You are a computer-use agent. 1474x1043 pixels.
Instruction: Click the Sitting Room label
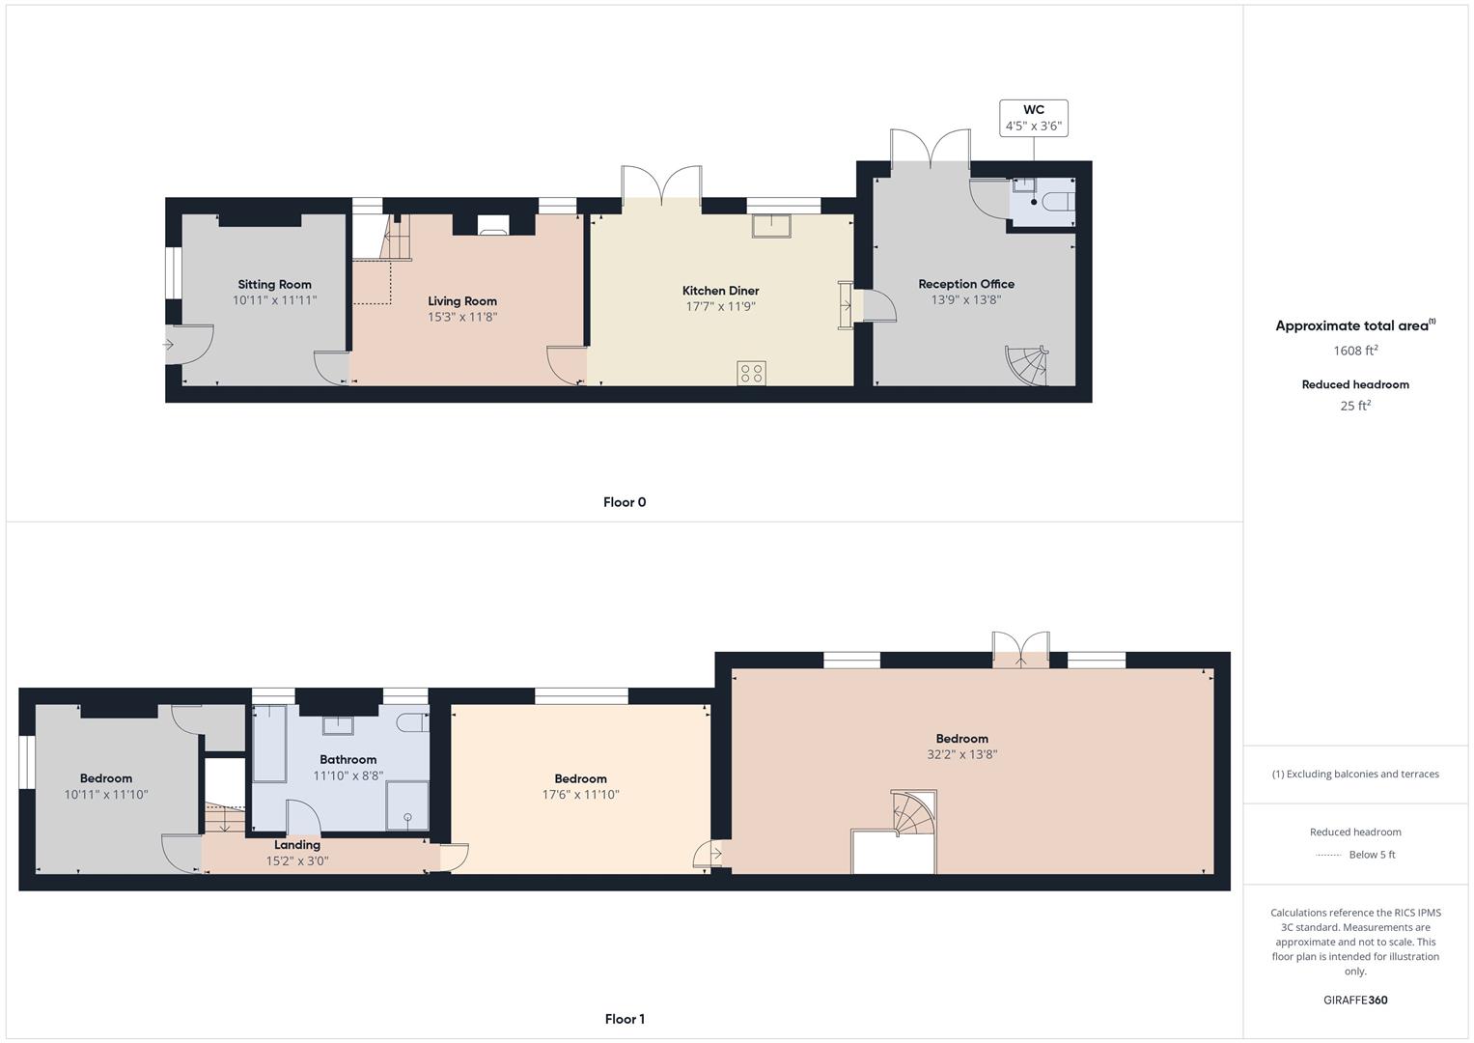point(274,285)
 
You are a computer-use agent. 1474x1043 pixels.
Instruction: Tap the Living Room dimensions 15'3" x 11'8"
point(462,317)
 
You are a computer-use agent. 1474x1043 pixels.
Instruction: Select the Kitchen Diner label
point(720,291)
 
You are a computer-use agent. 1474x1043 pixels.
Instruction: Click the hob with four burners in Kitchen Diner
point(751,373)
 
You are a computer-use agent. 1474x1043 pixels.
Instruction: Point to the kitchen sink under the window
point(771,225)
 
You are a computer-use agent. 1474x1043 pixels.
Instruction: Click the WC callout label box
point(1033,118)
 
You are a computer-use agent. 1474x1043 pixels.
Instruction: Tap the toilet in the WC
point(1060,201)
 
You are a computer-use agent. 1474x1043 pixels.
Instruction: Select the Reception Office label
point(966,284)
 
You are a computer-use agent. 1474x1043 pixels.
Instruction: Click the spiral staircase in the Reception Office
point(1026,365)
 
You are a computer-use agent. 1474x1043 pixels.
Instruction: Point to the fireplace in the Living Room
point(493,224)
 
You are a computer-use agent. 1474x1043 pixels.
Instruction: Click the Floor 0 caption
point(625,502)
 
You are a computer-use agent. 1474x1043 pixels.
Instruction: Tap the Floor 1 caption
point(625,1019)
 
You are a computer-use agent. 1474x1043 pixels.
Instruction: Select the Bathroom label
point(348,759)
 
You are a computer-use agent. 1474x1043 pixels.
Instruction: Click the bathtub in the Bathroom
point(269,744)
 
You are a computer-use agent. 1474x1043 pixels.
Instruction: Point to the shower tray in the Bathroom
point(407,805)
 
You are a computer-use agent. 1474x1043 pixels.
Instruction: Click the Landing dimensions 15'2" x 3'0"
point(297,860)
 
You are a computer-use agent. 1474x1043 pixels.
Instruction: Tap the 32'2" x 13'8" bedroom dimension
point(962,754)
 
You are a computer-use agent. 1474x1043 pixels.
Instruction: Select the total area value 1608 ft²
point(1355,351)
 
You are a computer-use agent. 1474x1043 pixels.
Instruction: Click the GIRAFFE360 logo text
point(1355,1001)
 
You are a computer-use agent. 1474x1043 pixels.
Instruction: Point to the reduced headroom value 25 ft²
point(1355,406)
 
